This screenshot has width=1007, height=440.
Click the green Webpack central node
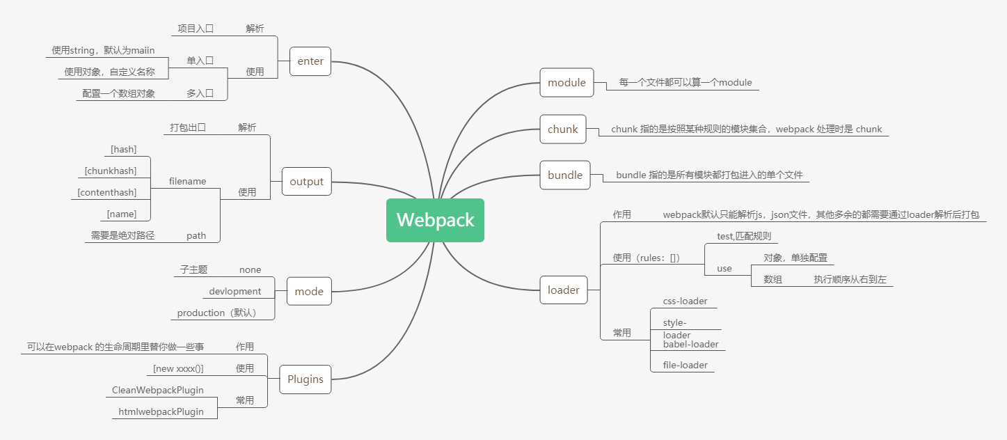pos(435,220)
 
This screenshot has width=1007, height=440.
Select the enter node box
pos(310,61)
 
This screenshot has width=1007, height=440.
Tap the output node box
pos(307,182)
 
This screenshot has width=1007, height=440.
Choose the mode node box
pos(309,291)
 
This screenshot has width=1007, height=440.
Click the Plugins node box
pos(306,379)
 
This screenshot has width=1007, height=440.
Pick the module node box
pos(566,83)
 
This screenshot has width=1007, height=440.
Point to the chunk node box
pos(563,129)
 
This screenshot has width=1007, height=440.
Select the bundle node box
pos(565,175)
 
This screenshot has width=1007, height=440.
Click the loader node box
pos(564,290)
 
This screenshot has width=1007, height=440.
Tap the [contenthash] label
pos(107,192)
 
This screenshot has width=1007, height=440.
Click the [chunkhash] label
pos(111,171)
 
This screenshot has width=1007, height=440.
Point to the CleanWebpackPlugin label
pos(158,390)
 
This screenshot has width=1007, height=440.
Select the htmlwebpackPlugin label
pos(161,411)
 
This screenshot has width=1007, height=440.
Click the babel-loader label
pos(690,344)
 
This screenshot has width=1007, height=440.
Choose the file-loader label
pos(685,365)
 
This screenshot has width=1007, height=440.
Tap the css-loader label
pos(685,301)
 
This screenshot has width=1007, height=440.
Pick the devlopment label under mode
pos(235,291)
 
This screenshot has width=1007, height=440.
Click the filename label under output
pos(187,181)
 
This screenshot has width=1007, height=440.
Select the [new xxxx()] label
pos(178,368)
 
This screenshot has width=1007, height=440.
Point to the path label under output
pos(196,235)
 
